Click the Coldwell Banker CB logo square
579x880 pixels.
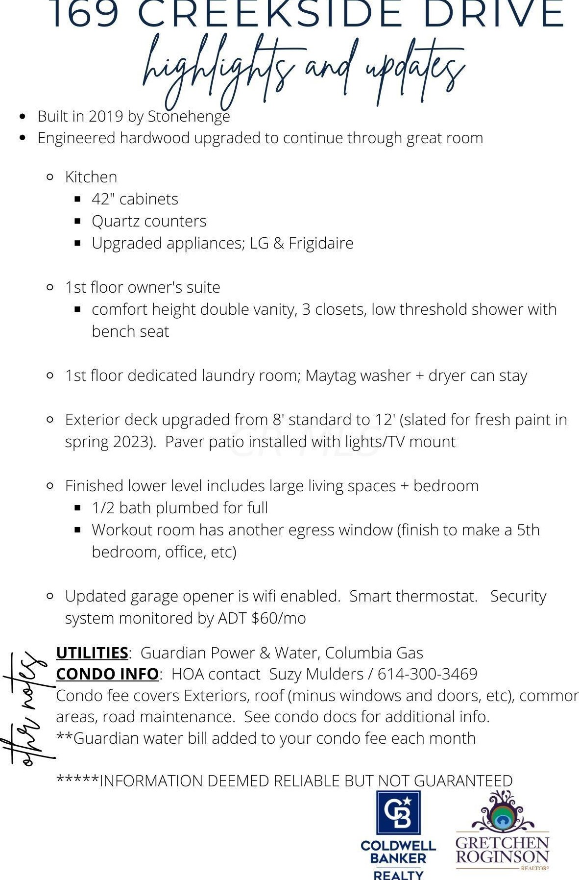[x=398, y=812]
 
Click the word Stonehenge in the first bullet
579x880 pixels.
[x=189, y=116]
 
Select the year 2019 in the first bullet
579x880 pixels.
[x=106, y=116]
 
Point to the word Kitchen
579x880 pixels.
[x=91, y=177]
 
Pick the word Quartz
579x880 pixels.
[x=114, y=222]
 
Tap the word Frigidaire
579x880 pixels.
[x=321, y=243]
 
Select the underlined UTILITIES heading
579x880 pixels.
[x=92, y=653]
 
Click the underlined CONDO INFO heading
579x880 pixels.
[x=107, y=674]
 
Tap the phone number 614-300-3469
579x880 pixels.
[x=427, y=674]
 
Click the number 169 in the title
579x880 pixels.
[x=85, y=15]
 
